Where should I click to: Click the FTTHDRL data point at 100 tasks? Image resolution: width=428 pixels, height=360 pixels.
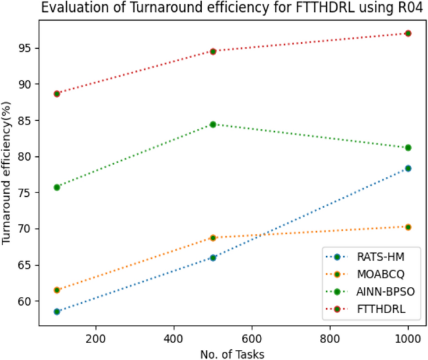[x=57, y=94]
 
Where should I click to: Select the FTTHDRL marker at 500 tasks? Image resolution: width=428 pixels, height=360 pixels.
[x=213, y=51]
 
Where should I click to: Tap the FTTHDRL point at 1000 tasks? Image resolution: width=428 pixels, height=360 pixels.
[x=408, y=33]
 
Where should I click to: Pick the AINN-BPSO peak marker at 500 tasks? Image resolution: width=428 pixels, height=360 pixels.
[x=213, y=124]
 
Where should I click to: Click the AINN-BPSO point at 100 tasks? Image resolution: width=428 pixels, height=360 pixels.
[x=57, y=187]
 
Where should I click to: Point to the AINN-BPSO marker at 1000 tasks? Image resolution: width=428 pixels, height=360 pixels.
[x=408, y=147]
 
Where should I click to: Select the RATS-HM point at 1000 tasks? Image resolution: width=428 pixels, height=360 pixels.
[x=408, y=168]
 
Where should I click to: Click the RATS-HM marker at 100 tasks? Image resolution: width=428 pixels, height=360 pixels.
[x=57, y=311]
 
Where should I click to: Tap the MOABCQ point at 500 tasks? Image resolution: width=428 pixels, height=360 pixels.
[x=213, y=237]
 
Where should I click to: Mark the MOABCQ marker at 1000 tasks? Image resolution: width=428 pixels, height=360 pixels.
[x=408, y=227]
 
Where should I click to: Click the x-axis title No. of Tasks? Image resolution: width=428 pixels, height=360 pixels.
[x=232, y=354]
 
